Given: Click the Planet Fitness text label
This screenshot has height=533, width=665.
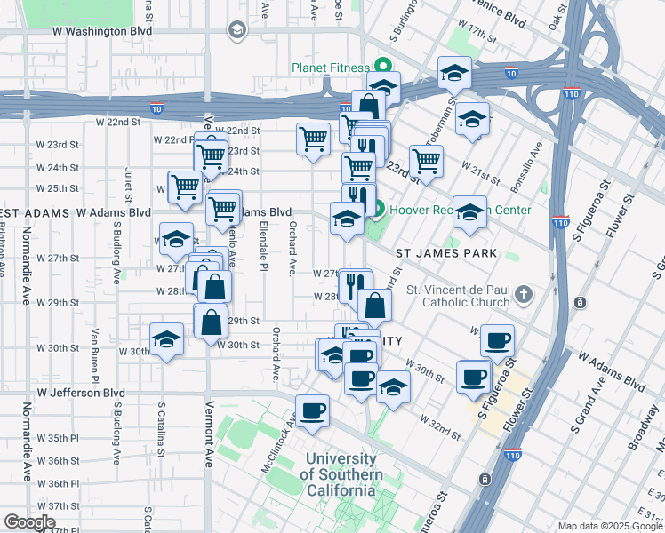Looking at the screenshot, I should (x=329, y=68).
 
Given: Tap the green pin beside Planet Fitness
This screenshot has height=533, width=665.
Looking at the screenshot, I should (x=383, y=66).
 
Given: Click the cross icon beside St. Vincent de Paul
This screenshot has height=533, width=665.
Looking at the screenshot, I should (x=525, y=295).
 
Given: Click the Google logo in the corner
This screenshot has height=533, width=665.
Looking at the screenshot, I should (x=29, y=521).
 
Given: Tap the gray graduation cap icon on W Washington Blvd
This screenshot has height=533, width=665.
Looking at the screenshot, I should (x=236, y=31).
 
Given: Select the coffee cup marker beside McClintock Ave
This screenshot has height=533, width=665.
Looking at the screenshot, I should (x=312, y=411).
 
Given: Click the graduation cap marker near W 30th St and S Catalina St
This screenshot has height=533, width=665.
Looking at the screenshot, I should (x=166, y=340).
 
